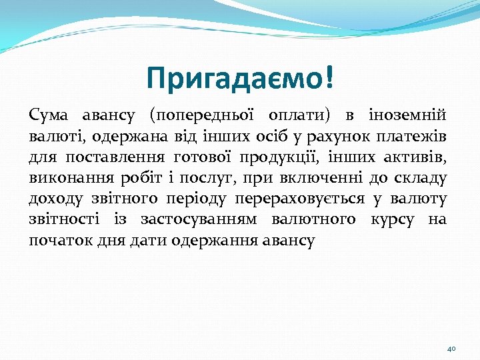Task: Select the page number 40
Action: (451, 348)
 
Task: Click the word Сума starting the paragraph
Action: (47, 115)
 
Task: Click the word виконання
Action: (64, 179)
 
